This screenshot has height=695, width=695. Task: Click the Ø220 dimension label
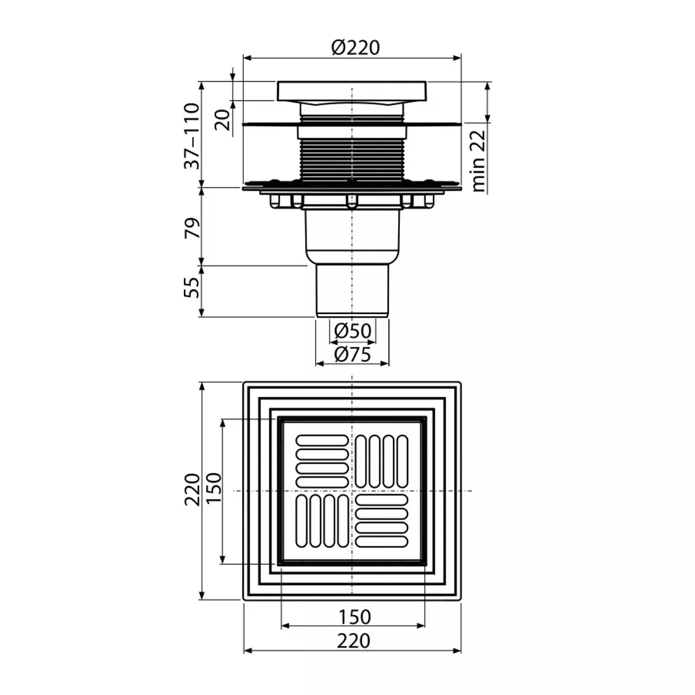click(355, 47)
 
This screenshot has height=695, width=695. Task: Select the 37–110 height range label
click(191, 136)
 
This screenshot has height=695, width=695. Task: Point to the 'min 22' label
click(478, 160)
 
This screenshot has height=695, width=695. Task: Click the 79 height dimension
click(191, 227)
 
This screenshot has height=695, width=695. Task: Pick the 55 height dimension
click(191, 288)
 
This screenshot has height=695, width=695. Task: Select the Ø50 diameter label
click(353, 330)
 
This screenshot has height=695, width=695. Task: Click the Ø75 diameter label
click(353, 354)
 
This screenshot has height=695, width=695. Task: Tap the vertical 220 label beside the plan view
click(191, 490)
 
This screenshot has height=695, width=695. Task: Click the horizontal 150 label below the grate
click(354, 616)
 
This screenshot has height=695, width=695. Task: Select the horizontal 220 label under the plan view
click(354, 640)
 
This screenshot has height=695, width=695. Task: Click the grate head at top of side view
click(352, 91)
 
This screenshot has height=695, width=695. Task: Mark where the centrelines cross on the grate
click(352, 491)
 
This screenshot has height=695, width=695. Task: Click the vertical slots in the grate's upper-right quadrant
click(381, 461)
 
